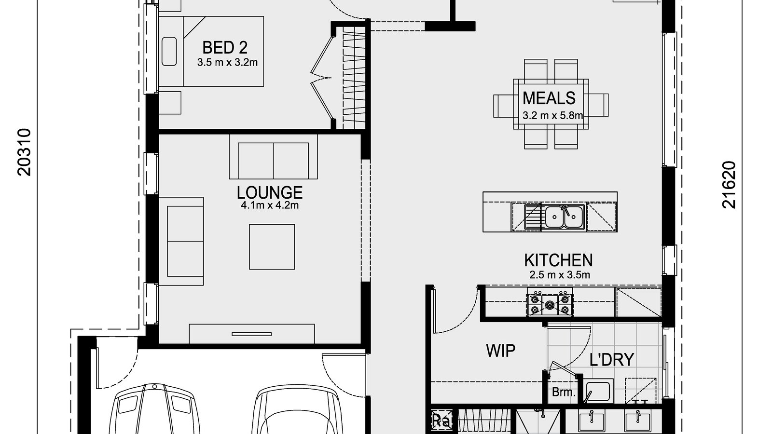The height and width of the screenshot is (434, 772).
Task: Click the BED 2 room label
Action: [225, 47]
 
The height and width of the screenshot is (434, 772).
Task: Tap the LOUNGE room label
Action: [269, 192]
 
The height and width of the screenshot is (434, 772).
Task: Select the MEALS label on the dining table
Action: [549, 98]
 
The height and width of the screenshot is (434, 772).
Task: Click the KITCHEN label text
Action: [558, 260]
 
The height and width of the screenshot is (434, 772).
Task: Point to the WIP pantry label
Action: [501, 351]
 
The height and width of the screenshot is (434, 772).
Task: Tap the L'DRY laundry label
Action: [611, 359]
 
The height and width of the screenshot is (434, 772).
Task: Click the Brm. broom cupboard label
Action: [564, 392]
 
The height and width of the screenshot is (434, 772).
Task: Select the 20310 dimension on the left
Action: [24, 152]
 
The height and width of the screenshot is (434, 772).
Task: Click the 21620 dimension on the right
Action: [729, 185]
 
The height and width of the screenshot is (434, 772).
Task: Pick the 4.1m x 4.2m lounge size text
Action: [269, 205]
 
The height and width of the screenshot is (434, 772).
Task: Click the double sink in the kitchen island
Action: [563, 216]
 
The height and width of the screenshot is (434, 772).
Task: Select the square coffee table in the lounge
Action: [272, 246]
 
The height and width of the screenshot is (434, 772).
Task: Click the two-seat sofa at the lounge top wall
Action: [273, 161]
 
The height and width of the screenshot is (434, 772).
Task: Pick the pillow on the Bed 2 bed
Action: [169, 51]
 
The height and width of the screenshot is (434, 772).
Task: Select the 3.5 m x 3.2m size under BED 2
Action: [227, 62]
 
